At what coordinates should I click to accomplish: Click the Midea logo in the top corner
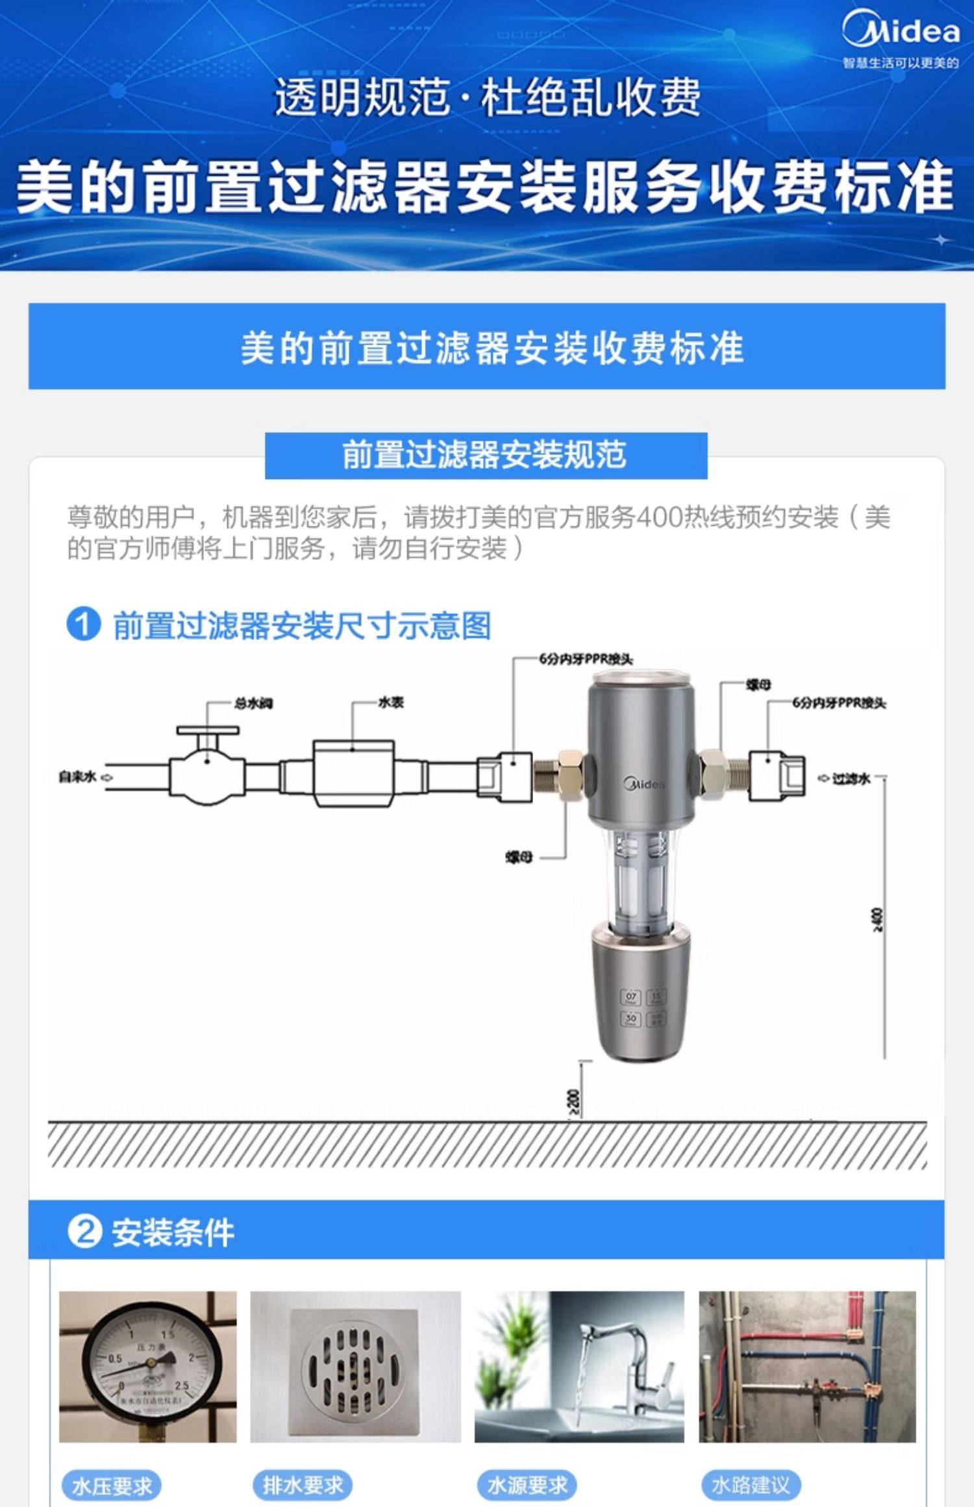(901, 31)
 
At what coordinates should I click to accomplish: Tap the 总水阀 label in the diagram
(253, 703)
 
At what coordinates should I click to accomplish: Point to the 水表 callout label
(391, 702)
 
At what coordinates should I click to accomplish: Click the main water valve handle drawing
(208, 730)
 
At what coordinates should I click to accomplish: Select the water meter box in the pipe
(353, 774)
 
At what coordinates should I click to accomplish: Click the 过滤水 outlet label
(851, 778)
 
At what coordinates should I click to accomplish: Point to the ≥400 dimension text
(878, 919)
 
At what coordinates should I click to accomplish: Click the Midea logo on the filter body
(644, 783)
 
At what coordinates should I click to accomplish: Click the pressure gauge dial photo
(148, 1366)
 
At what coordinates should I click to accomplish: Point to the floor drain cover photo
(355, 1366)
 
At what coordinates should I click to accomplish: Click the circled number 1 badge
(84, 624)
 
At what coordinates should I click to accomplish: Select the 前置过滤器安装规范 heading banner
(486, 455)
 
